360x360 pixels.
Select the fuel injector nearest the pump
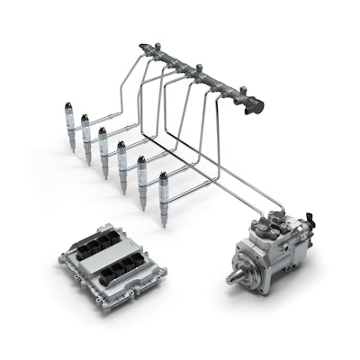[x=163, y=193]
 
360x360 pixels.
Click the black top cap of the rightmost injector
[x=162, y=176]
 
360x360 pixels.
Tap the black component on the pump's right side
[x=309, y=220]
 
